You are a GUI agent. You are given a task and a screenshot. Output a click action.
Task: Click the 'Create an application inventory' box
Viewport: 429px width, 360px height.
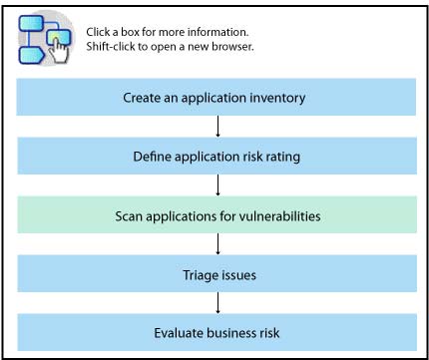pyautogui.click(x=214, y=98)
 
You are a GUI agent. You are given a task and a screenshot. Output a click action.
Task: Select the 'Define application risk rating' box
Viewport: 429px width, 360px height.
pyautogui.click(x=214, y=157)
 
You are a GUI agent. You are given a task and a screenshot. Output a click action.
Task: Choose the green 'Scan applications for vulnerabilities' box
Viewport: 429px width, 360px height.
pyautogui.click(x=214, y=214)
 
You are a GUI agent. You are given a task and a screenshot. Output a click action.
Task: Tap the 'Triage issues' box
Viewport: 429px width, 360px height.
pyautogui.click(x=214, y=272)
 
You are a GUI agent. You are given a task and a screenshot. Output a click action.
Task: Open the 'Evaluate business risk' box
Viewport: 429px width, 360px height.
pyautogui.click(x=214, y=331)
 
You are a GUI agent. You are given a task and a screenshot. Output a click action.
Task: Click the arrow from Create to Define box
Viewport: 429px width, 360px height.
pyautogui.click(x=216, y=127)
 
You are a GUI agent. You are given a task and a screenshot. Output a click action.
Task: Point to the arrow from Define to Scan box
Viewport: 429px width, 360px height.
pyautogui.click(x=216, y=185)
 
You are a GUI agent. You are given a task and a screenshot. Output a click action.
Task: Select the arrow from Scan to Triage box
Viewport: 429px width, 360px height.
pyautogui.click(x=216, y=243)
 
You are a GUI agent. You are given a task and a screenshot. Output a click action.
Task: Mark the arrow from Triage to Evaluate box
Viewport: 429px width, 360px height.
pyautogui.click(x=216, y=301)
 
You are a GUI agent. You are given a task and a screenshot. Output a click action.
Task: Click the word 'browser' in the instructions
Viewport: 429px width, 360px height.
pyautogui.click(x=229, y=47)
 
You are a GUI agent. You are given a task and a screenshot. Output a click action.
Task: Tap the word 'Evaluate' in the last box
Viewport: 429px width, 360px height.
pyautogui.click(x=178, y=331)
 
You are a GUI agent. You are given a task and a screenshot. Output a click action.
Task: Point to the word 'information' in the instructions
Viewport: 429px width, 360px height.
pyautogui.click(x=239, y=32)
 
